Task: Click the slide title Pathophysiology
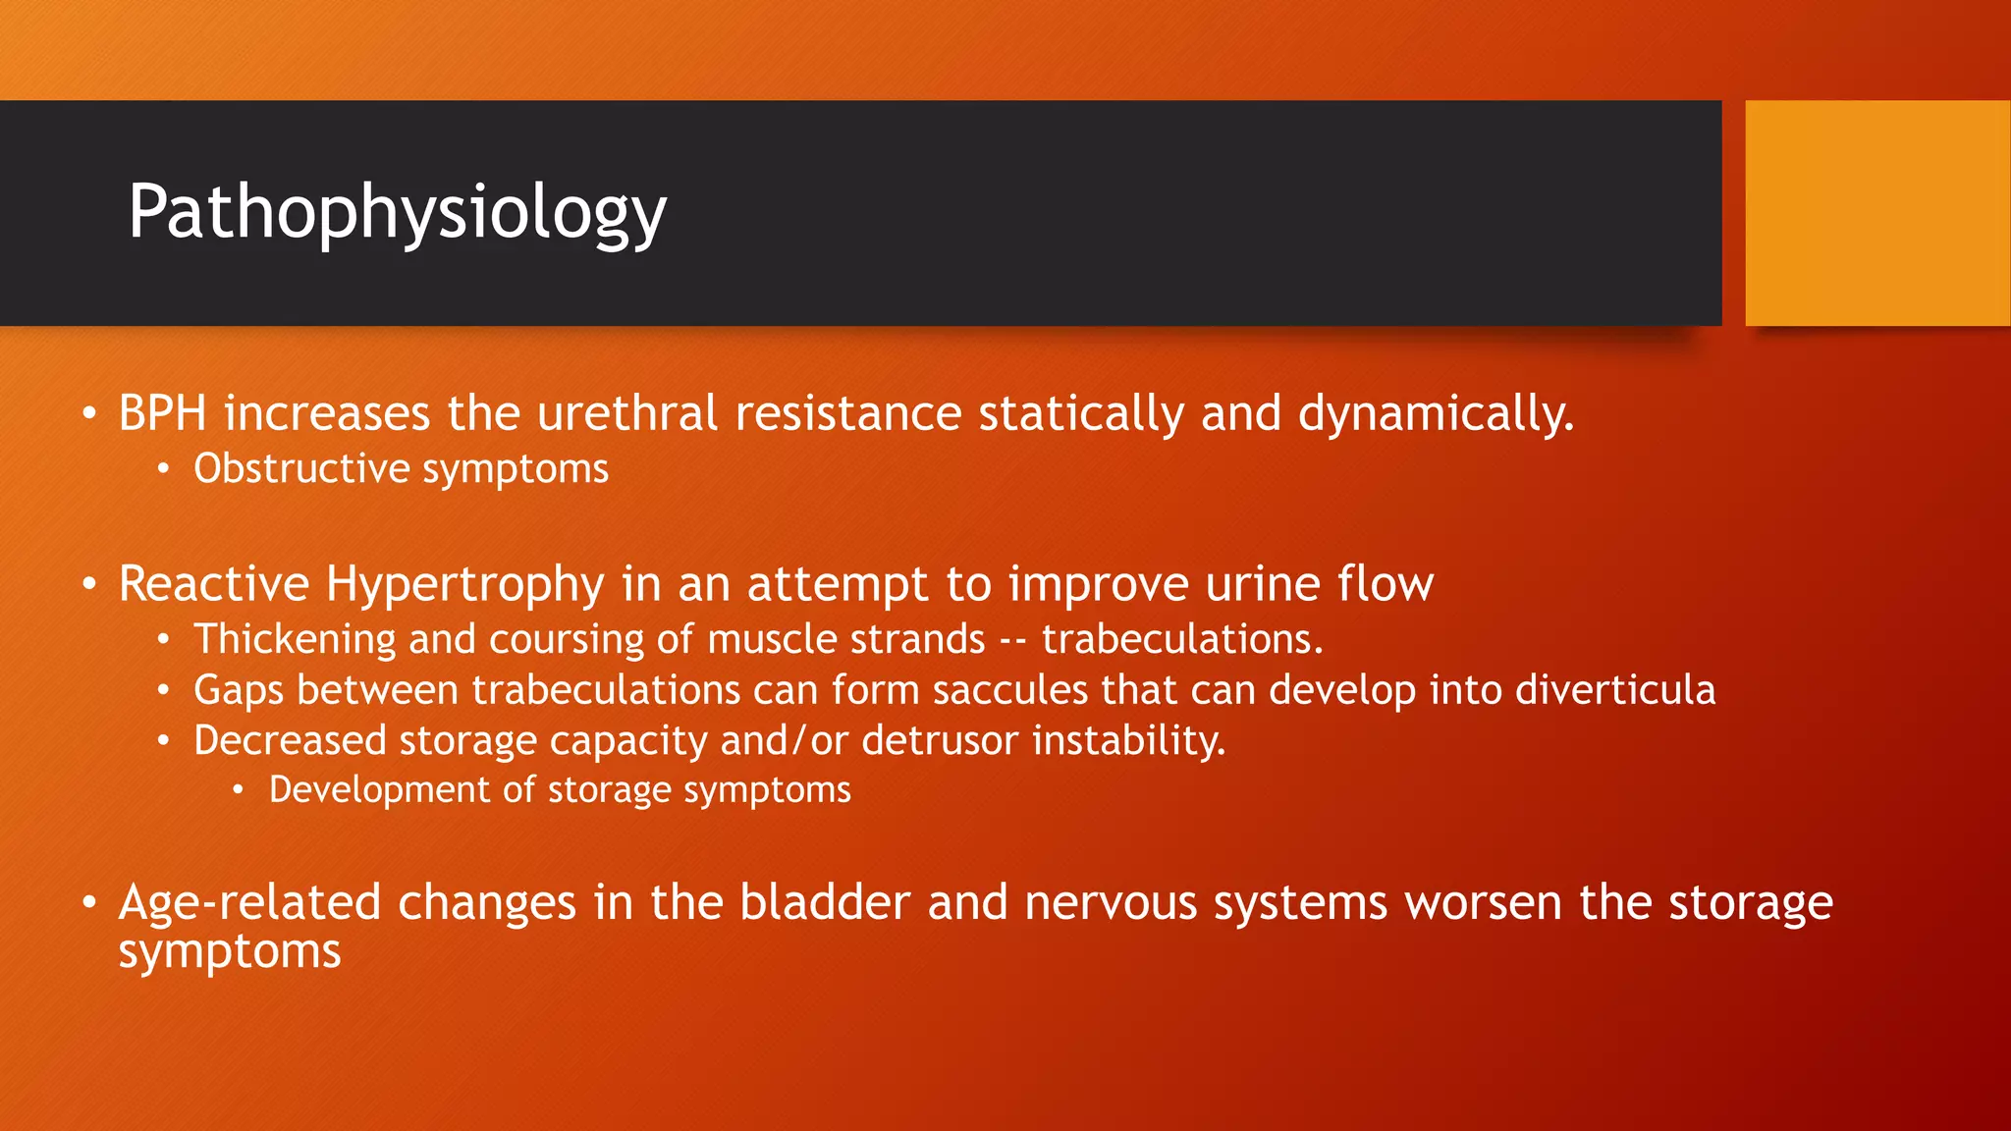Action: coord(397,212)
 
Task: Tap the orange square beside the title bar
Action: coord(1876,213)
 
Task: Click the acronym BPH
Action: coord(162,413)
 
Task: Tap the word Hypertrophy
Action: coord(464,585)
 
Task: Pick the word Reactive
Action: coord(214,584)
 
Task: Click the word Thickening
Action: coord(295,640)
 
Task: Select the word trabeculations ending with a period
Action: coord(1182,640)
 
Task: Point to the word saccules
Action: coord(1009,690)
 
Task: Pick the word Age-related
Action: coord(248,902)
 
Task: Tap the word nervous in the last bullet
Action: coord(1111,902)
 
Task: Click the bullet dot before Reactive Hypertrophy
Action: coord(89,585)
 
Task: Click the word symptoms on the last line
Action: coord(230,952)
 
